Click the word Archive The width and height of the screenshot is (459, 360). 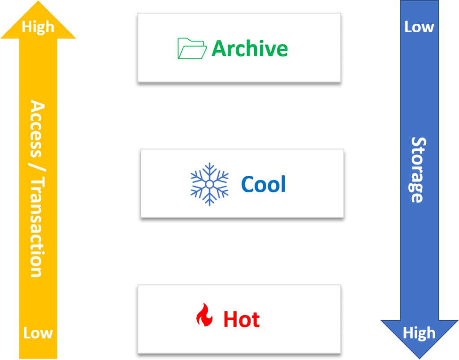click(x=250, y=48)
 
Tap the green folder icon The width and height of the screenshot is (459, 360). click(x=192, y=48)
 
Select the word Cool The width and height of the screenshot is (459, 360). click(x=264, y=184)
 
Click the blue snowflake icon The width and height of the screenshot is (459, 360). click(x=209, y=184)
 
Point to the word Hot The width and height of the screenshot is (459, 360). click(x=242, y=320)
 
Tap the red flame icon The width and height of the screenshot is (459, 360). click(x=204, y=315)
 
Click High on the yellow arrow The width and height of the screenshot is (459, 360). click(x=38, y=27)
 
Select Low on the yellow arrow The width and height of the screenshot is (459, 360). click(x=38, y=333)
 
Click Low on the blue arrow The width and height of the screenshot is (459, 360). click(x=419, y=27)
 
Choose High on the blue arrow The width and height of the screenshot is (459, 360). click(x=419, y=333)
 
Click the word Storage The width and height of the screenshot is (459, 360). click(x=418, y=170)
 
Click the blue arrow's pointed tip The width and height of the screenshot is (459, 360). click(x=419, y=358)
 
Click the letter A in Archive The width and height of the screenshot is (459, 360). click(x=220, y=48)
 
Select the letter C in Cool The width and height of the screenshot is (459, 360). click(x=248, y=184)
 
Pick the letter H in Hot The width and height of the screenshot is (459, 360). click(x=230, y=320)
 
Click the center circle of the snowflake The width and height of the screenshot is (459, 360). click(x=209, y=184)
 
